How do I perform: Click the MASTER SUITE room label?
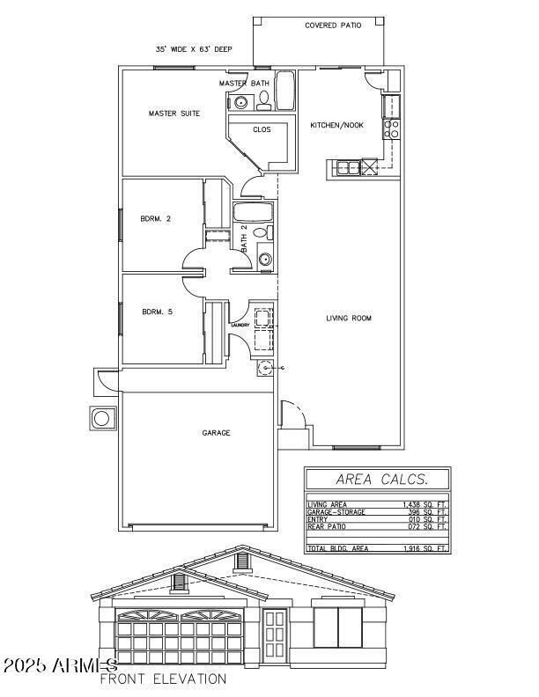(174, 114)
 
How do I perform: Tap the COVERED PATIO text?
(333, 26)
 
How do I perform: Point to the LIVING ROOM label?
(349, 319)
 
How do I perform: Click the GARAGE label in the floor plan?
(216, 433)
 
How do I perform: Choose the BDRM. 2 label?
(155, 218)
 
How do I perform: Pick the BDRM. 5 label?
(156, 311)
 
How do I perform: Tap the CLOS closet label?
(262, 129)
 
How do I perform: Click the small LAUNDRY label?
(240, 325)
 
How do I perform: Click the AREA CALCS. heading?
(376, 480)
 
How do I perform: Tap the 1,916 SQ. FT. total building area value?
(425, 548)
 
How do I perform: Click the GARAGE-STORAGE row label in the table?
(336, 512)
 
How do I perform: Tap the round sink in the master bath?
(240, 103)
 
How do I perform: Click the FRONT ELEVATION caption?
(163, 679)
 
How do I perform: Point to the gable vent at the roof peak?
(243, 560)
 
